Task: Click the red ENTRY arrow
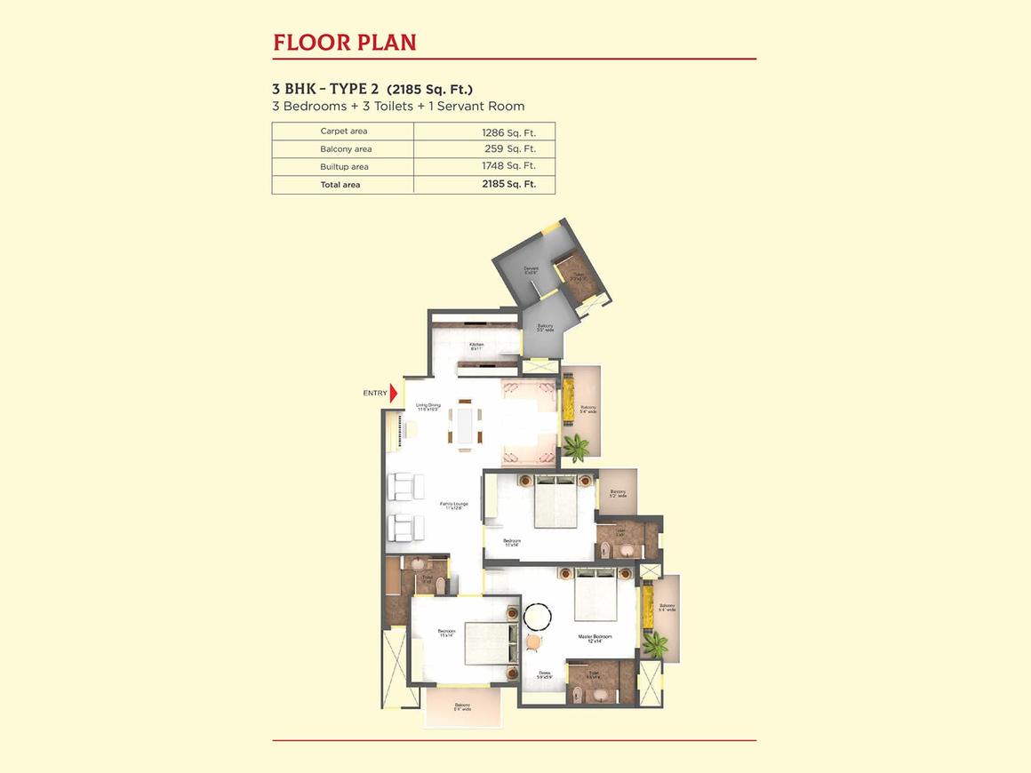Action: [394, 393]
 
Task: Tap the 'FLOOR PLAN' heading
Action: [345, 42]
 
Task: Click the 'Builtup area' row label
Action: [344, 167]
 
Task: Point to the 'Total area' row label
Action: [340, 185]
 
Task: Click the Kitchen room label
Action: [476, 347]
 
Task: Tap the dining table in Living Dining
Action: [465, 424]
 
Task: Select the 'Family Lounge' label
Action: [454, 506]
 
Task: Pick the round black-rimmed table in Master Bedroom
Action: [538, 617]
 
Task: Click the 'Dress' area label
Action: [544, 674]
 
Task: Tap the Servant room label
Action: [531, 269]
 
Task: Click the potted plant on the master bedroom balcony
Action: [655, 642]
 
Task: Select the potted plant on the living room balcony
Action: [575, 447]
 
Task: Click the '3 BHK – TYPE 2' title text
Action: [326, 89]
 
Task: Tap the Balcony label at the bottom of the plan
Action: [462, 707]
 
